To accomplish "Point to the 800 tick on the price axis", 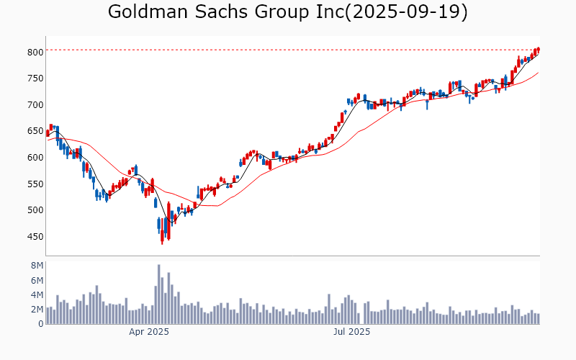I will coord(35,52).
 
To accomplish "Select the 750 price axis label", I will coord(35,78).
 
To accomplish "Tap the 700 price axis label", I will coord(35,104).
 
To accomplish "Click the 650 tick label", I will coord(35,131).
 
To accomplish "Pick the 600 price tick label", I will coord(35,157).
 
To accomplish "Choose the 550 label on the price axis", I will coord(35,184).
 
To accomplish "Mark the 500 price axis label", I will coord(35,210).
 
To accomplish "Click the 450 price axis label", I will coord(35,236).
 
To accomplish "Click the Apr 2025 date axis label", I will coord(149,332).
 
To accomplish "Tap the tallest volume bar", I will coord(159,294).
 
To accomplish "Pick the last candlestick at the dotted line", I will coord(538,50).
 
